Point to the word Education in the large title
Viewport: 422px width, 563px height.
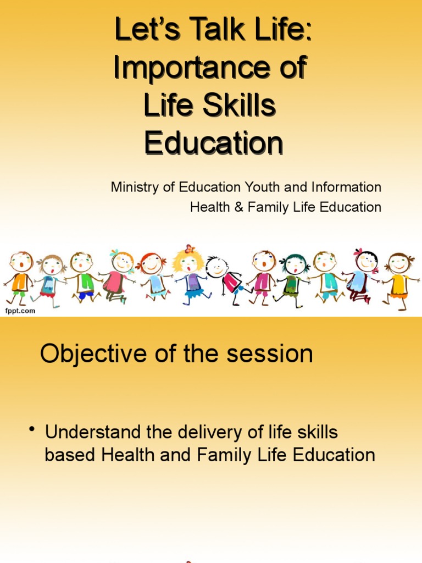(x=214, y=143)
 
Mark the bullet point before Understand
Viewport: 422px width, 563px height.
(x=33, y=429)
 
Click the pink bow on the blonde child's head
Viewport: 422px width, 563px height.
(x=190, y=249)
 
